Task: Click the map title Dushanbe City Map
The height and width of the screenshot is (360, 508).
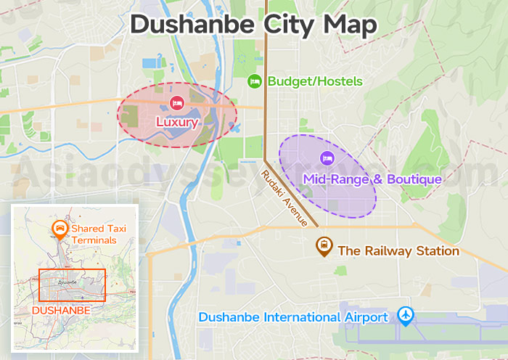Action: coord(253,23)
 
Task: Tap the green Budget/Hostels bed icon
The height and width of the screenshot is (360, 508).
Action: coord(254,81)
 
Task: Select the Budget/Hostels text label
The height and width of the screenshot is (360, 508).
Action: coord(315,81)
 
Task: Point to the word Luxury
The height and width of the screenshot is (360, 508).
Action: coord(176,122)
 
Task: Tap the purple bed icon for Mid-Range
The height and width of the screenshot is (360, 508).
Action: coord(327,157)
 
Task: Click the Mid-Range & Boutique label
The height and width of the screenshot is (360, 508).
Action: coord(372,179)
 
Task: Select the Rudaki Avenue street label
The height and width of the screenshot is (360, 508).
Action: coord(284,197)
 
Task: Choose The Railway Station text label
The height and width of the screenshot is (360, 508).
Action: coord(398,251)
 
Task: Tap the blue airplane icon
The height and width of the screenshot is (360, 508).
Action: coord(406,316)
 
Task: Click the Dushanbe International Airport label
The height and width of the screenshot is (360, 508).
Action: coord(293,317)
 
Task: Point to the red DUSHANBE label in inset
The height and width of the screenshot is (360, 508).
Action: coord(62,310)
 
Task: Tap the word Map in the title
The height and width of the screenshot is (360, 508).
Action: coord(351,23)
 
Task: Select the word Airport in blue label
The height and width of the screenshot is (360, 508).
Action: coord(364,317)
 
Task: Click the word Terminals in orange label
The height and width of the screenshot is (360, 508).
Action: coord(94,240)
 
